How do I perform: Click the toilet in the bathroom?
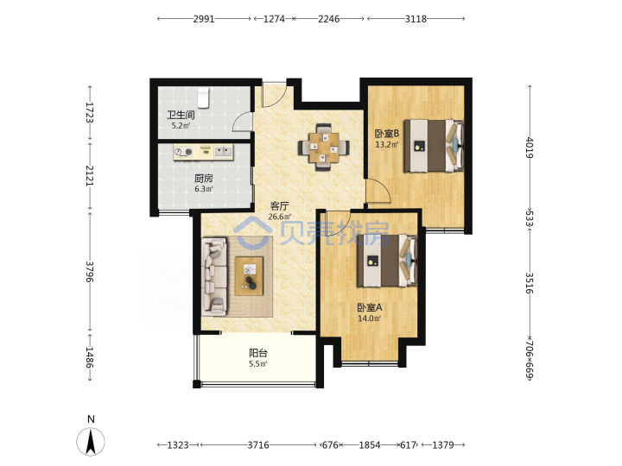[x=203, y=98]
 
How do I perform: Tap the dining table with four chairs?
[x=324, y=147]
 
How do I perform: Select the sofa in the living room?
[x=214, y=277]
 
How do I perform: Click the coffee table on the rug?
[x=249, y=276]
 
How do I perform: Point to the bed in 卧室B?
[x=434, y=146]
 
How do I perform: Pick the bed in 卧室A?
[x=387, y=261]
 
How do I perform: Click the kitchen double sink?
[x=224, y=151]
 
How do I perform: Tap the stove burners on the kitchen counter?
[x=183, y=152]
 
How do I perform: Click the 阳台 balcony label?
[x=258, y=353]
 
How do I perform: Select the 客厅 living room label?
[x=279, y=206]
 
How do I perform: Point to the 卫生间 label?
[x=181, y=116]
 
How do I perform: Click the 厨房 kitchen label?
[x=204, y=179]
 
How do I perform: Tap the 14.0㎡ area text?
[x=370, y=318]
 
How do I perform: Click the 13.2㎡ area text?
[x=387, y=144]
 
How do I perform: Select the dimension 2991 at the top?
[x=204, y=19]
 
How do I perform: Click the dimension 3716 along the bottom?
[x=258, y=445]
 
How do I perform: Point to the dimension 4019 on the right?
[x=530, y=148]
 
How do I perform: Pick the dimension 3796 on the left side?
[x=90, y=272]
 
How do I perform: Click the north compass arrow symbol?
[x=91, y=441]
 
